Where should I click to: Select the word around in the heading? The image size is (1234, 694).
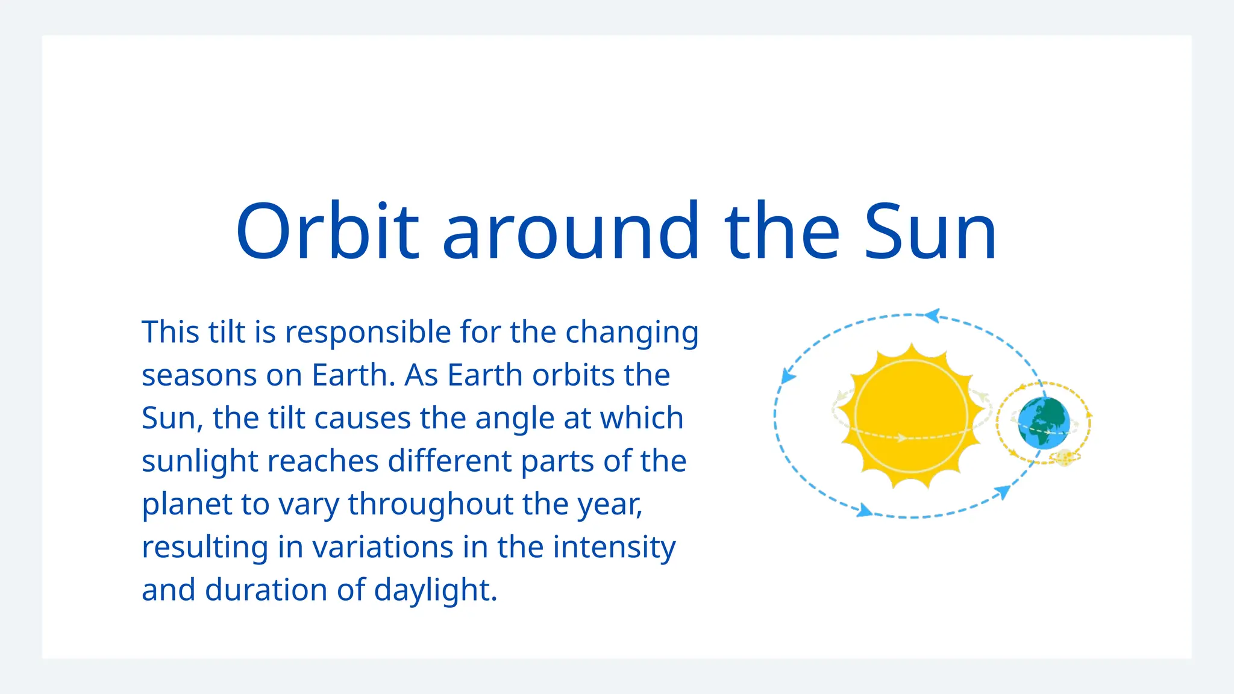pos(571,232)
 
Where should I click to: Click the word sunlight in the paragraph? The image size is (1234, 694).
pos(199,461)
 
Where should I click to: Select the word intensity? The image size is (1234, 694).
pos(614,547)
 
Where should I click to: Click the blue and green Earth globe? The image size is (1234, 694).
pos(1044,423)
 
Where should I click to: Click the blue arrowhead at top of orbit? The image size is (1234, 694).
pos(932,315)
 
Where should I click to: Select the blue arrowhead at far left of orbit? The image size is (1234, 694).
pos(787,376)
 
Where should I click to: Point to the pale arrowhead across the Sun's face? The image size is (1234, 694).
pos(901,437)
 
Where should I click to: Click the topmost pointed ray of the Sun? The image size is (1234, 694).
pos(912,348)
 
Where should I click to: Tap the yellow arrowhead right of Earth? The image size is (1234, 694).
pos(1089,415)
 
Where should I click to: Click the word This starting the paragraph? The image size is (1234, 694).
pos(171,333)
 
